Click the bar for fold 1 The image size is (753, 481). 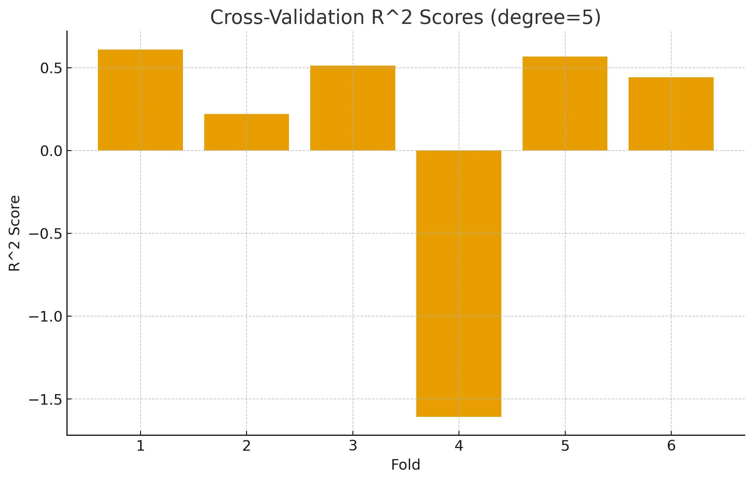pos(140,100)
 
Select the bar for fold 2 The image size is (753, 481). pos(246,132)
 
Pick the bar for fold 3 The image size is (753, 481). pos(353,108)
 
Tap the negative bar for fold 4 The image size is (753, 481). pos(459,284)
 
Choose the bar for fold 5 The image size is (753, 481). pos(565,103)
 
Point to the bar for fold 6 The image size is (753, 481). pos(671,114)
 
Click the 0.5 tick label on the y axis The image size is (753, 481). pos(51,69)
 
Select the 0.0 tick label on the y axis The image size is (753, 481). pos(51,152)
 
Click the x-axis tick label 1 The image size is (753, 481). pos(140,446)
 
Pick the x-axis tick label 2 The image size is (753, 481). pos(246,446)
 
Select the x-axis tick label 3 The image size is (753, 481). pos(353,446)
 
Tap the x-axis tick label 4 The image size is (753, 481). pos(459,446)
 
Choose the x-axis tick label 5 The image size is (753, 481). pos(565,446)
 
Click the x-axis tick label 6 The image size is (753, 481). pos(671,446)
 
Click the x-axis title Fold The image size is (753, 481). pos(405,465)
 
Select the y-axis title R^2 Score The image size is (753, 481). pos(14,233)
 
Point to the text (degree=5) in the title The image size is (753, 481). pos(545,17)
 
